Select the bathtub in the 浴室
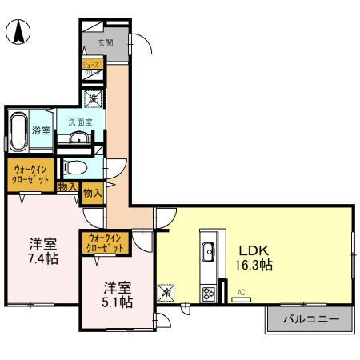coord(18,130)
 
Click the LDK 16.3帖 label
coord(254,255)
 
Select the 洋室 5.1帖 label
coord(117,294)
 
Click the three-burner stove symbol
coord(209,294)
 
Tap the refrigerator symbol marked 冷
coord(167,293)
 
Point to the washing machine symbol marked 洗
coord(94,101)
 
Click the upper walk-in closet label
coord(30,175)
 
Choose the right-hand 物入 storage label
coord(92,193)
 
